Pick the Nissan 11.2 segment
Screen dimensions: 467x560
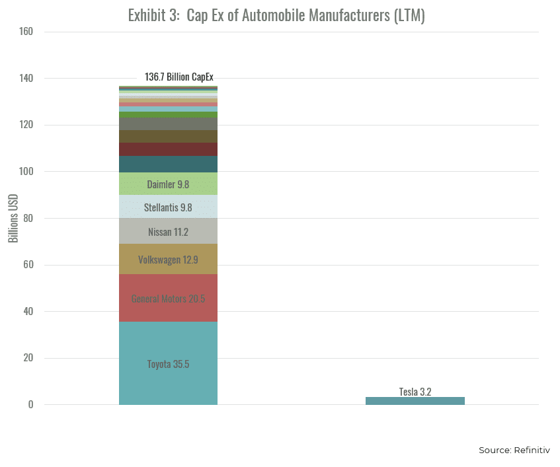168,231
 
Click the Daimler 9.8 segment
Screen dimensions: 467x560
168,184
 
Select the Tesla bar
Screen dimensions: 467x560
415,401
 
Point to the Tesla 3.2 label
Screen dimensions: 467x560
415,391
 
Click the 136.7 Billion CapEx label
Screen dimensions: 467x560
179,77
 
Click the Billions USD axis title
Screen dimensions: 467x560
13,219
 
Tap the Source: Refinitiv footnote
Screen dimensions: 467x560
514,450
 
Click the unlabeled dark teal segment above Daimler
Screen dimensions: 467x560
168,164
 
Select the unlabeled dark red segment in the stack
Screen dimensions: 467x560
168,149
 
